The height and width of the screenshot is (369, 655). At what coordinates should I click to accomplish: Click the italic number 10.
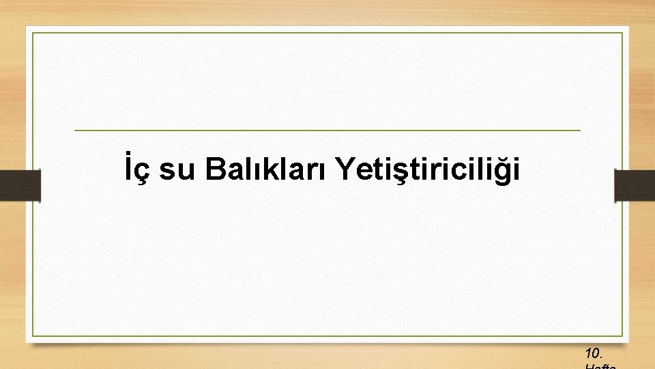tap(593, 353)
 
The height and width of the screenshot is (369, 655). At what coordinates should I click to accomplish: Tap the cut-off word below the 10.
tap(600, 366)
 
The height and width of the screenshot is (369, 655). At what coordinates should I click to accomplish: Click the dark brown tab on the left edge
tap(20, 186)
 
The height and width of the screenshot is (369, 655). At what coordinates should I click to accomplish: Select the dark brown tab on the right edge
tap(635, 186)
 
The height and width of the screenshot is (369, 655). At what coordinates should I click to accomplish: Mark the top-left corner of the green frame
tap(32, 33)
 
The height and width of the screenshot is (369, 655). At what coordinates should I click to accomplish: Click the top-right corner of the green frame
tap(623, 33)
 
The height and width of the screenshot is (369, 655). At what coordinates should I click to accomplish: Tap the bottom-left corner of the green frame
tap(32, 336)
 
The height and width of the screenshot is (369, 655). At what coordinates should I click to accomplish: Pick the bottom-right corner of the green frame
tap(623, 336)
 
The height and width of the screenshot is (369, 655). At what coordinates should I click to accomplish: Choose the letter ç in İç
tap(143, 172)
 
